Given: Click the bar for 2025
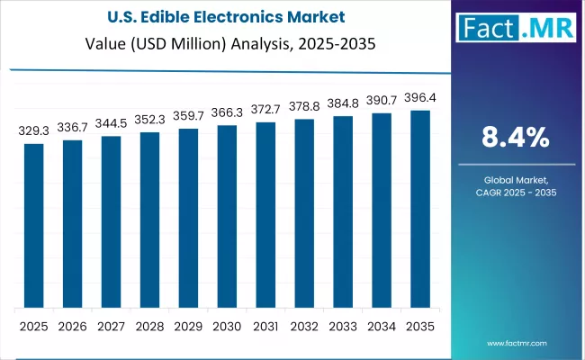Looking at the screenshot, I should click(34, 225).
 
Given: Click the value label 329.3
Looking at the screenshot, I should click(34, 130).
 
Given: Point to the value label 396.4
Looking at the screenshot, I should click(420, 98).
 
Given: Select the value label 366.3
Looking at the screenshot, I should click(227, 112).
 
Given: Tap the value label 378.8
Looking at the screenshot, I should click(304, 106).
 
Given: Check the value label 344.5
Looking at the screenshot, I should click(112, 123).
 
